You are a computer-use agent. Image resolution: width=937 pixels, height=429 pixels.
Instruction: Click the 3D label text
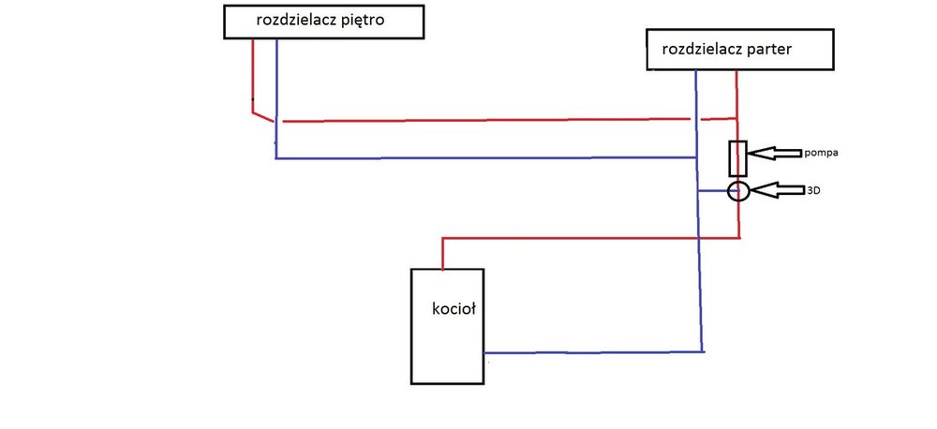tap(812, 190)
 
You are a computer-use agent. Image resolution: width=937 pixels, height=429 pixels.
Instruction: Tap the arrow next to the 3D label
tap(775, 190)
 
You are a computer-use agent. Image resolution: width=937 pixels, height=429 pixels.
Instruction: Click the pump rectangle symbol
tap(738, 158)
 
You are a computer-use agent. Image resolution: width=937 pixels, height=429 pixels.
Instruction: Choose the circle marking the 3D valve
tap(738, 192)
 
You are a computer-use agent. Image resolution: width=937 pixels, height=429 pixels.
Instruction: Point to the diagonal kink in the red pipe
tap(263, 115)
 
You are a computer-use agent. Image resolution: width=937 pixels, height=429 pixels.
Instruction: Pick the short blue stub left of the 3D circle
tap(714, 191)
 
